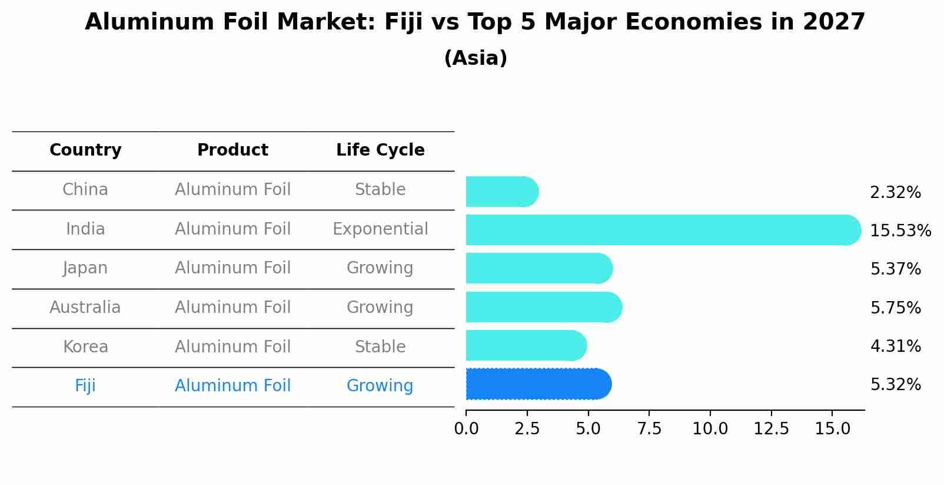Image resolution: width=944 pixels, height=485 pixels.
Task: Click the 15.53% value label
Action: [900, 231]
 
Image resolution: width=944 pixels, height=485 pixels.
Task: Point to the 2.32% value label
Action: [895, 193]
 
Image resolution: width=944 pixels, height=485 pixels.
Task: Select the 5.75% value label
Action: [895, 308]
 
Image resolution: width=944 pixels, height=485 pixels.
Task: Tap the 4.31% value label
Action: [895, 347]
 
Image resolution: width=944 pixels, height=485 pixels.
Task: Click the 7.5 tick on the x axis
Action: [649, 429]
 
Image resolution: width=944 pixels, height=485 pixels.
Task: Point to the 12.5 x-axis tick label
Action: [771, 429]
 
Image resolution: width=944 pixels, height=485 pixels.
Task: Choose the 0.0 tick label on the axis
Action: [466, 429]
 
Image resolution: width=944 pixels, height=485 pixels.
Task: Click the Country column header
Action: [85, 150]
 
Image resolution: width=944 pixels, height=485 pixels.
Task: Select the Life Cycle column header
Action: [380, 150]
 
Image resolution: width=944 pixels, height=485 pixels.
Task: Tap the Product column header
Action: [232, 150]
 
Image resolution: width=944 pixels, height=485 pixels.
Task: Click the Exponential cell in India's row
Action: [380, 229]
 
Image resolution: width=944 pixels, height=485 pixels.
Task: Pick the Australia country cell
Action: [85, 308]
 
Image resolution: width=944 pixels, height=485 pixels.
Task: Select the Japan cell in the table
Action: [85, 268]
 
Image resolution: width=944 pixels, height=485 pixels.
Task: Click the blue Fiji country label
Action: [85, 386]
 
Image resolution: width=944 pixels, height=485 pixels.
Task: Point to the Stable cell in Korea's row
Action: [380, 347]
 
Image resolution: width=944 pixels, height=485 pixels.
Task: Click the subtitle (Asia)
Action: [476, 58]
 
